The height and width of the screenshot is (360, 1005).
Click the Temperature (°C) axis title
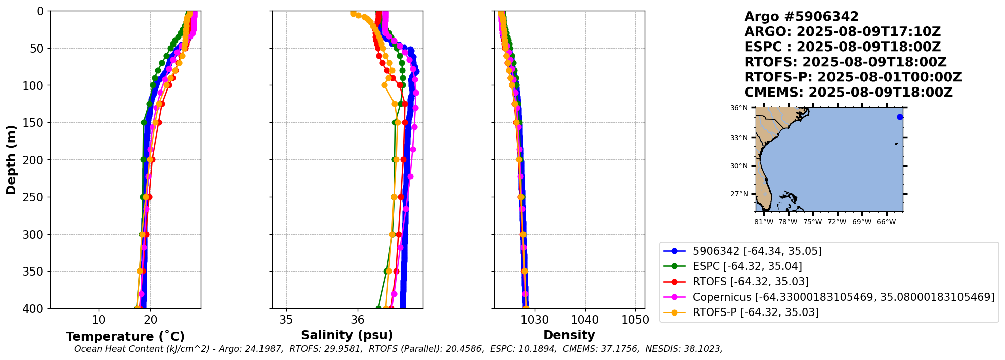pos(125,337)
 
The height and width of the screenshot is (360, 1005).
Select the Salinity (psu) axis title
pos(347,335)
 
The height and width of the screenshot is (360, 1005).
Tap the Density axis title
pos(569,335)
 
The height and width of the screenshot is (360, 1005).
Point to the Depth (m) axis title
pos(11,160)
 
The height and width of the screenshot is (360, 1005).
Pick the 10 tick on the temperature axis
pos(99,320)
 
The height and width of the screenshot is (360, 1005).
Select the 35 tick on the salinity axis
pos(286,320)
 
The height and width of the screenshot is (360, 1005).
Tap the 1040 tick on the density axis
pos(585,320)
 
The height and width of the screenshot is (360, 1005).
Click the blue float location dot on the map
pos(900,117)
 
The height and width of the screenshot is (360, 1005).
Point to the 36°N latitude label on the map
pos(738,108)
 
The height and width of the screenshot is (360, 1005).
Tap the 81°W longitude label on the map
pos(764,222)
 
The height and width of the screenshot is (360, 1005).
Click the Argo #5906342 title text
pos(801,17)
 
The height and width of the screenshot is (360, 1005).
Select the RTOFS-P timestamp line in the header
pos(853,77)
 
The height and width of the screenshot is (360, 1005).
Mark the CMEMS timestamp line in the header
pos(848,93)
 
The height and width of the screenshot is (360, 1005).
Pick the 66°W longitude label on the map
pos(886,222)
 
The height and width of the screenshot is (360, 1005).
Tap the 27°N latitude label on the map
pos(738,194)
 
